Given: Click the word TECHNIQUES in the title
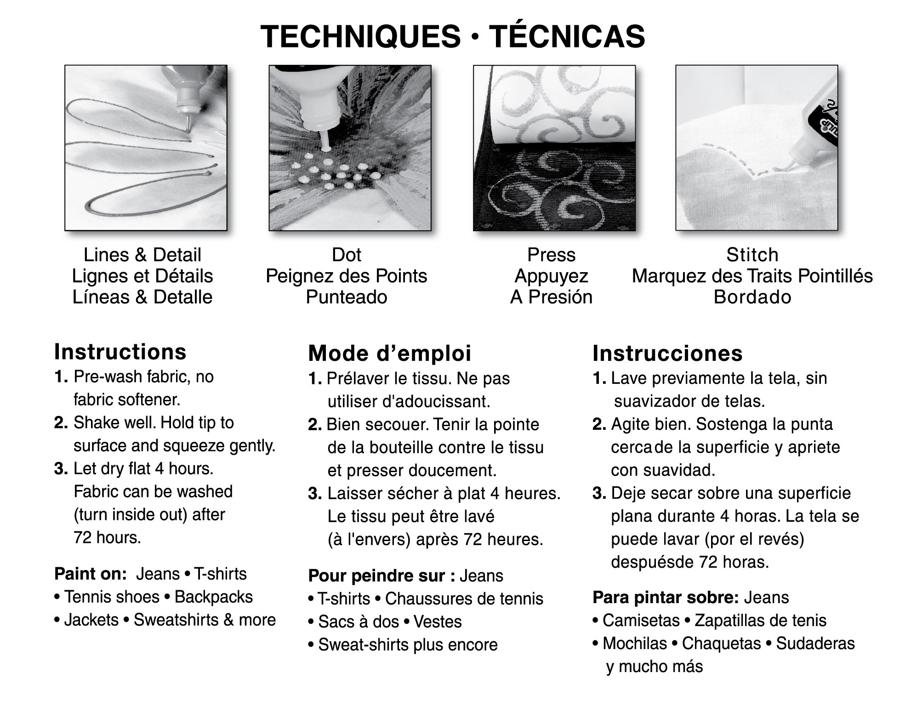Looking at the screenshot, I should [360, 36].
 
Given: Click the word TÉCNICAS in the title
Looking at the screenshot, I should [566, 36].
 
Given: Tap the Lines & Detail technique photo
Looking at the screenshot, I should [146, 148].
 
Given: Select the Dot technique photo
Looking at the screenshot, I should [350, 148].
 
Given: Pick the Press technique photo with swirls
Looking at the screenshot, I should [554, 148].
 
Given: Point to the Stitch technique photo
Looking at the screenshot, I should [756, 148].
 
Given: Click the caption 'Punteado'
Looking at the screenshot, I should [347, 297].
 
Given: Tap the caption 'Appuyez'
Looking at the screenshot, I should [551, 276].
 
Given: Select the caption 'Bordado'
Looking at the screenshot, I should [752, 297].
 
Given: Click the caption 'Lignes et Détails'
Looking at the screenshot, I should [142, 276].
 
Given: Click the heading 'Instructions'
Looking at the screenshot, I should [120, 352].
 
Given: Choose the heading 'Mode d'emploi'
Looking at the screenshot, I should [390, 353].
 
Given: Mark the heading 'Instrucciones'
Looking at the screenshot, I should [667, 353].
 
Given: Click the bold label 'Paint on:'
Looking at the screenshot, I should [90, 574].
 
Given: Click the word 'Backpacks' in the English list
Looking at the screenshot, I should [214, 597].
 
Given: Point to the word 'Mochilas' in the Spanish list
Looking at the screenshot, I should [634, 643].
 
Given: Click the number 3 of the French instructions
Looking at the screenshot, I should [314, 494].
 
